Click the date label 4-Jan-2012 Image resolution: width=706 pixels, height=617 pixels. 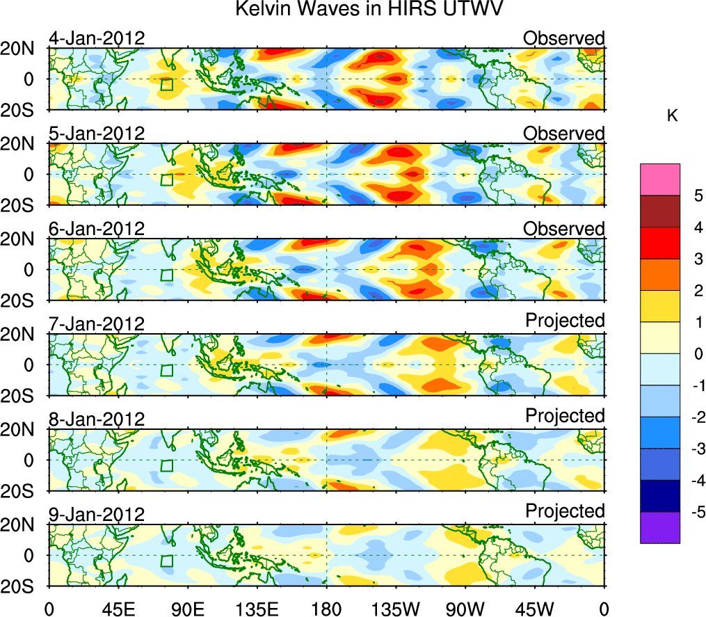click(x=97, y=38)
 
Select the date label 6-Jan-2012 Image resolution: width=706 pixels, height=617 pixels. click(x=97, y=228)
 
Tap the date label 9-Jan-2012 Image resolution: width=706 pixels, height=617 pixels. click(x=97, y=515)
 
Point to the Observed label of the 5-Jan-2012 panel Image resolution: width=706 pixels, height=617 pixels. click(x=564, y=133)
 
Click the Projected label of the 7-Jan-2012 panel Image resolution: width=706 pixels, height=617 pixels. click(x=565, y=320)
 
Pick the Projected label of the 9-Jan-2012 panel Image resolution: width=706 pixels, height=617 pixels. click(x=565, y=511)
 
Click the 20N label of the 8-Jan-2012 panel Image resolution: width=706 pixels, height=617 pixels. click(x=24, y=430)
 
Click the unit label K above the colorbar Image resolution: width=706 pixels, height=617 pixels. click(x=672, y=116)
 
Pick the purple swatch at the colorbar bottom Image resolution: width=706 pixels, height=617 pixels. click(x=659, y=528)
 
